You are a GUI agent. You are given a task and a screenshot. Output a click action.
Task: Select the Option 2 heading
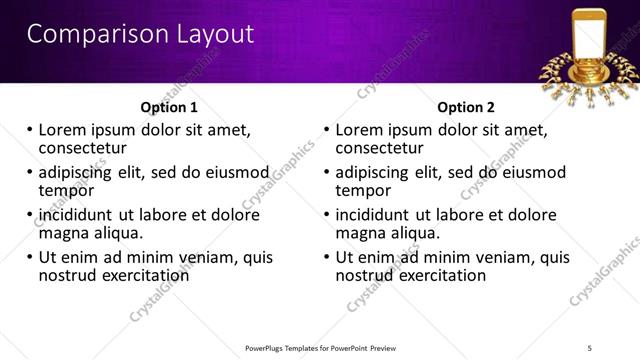coord(466,107)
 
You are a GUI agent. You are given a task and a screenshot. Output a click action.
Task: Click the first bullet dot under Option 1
coord(30,130)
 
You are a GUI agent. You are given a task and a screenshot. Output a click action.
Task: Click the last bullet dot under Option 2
coord(327,257)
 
